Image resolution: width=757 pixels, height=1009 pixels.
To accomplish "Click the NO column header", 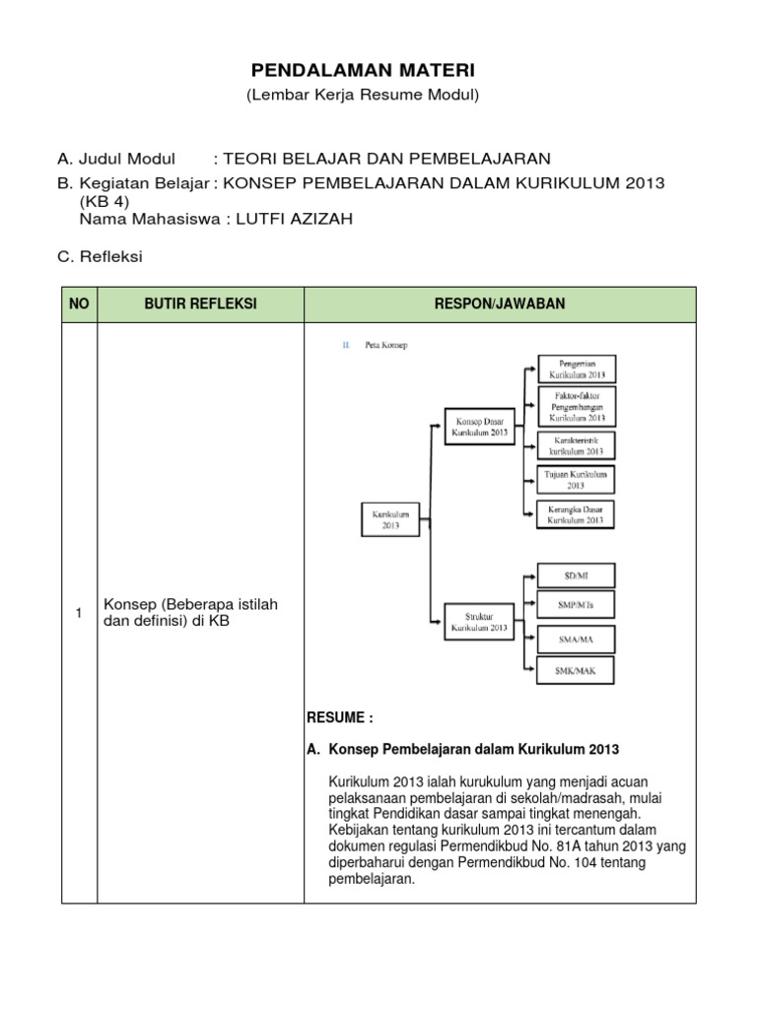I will click(79, 304).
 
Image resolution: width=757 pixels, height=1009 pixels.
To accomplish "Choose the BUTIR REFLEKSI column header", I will click(200, 304).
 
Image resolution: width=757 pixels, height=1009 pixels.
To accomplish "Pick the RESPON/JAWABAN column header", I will click(500, 304).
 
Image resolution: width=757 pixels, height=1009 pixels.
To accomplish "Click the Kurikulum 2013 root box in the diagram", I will click(390, 519).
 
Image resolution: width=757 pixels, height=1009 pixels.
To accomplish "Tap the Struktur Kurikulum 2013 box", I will click(479, 620).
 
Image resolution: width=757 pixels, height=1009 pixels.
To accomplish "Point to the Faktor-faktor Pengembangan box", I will click(577, 405).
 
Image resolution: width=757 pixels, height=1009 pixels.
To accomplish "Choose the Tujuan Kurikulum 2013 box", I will click(577, 479).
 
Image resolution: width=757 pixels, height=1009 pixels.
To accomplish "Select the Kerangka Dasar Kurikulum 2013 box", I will click(577, 513).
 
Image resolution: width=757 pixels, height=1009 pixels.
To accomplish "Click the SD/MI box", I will click(577, 574).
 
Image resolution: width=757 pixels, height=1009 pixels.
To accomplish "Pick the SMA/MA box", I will click(577, 639).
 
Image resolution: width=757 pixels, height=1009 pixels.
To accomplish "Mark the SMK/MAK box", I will click(577, 671).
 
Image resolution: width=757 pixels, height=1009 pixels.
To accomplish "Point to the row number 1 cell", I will click(79, 614).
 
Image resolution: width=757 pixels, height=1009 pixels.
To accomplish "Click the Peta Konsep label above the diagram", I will click(385, 345).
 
